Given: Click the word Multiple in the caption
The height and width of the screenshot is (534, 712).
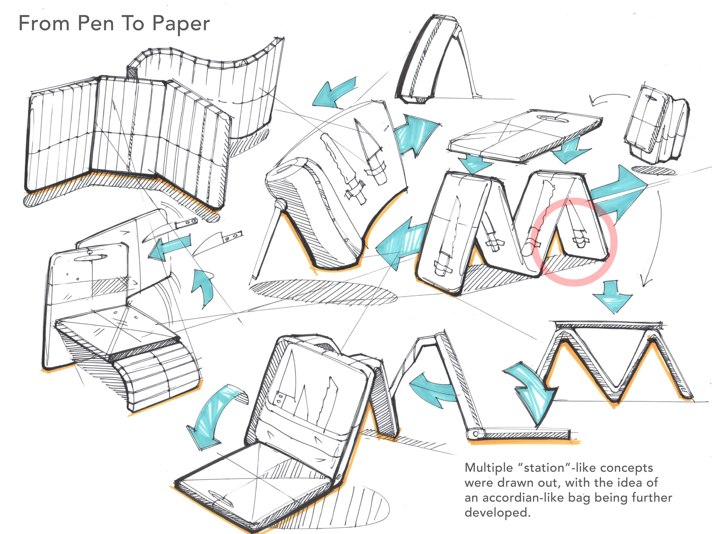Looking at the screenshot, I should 488,467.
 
